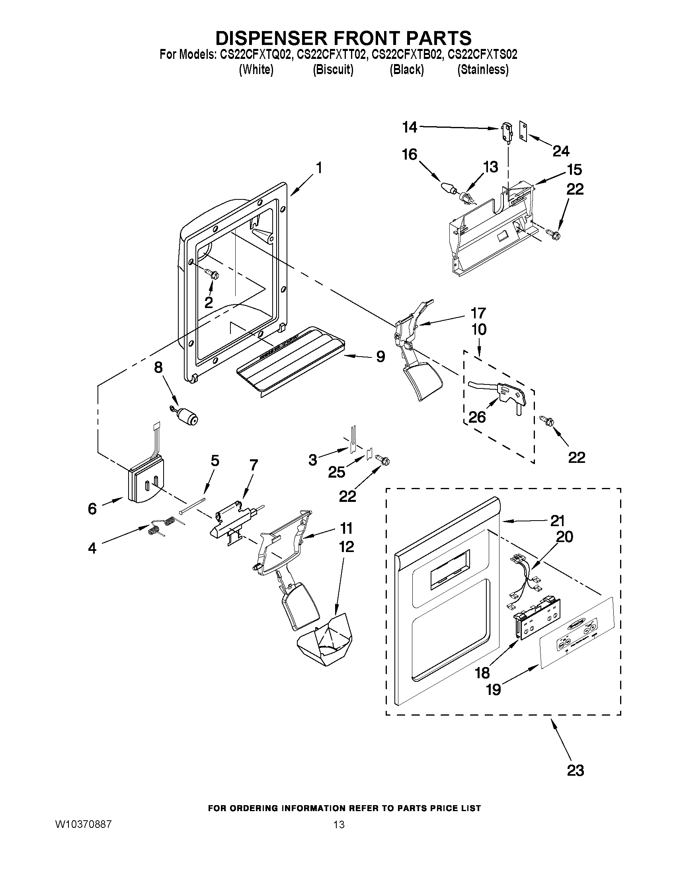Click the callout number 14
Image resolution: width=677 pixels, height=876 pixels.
pos(410,127)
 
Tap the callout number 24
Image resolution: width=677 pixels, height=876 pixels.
pos(561,151)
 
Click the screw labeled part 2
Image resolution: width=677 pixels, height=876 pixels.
pos(213,274)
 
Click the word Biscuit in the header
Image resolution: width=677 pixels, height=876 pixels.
pos(333,69)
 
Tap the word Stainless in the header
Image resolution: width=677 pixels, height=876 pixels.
pos(483,69)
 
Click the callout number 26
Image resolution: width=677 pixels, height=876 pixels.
pos(477,417)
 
